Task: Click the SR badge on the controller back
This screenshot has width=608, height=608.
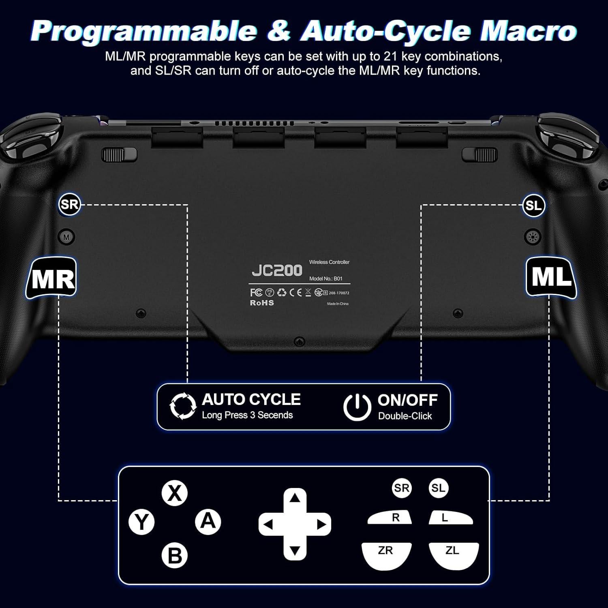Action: click(x=69, y=204)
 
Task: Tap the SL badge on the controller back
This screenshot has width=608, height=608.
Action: click(x=533, y=206)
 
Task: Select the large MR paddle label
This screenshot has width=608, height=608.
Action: click(x=52, y=278)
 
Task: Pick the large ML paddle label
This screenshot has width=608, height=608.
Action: click(x=551, y=278)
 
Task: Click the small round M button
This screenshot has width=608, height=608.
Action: click(x=66, y=237)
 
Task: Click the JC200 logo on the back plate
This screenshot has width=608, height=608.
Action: click(x=277, y=270)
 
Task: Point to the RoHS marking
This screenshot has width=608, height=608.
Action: click(x=262, y=303)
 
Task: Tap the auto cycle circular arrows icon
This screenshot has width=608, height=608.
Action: click(x=183, y=406)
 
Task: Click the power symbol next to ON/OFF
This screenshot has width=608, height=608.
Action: click(x=357, y=407)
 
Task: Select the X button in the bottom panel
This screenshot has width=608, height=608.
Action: click(x=175, y=493)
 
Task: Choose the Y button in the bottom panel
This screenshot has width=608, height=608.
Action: click(x=141, y=522)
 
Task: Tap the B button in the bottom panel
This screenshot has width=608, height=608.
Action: click(x=175, y=555)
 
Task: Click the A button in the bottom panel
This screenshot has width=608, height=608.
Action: click(x=208, y=521)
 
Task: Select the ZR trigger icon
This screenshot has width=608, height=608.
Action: click(x=386, y=554)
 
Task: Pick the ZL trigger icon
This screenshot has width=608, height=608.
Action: click(x=454, y=554)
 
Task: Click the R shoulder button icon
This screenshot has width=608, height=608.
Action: click(x=390, y=518)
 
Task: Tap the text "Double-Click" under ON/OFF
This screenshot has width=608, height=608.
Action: click(x=405, y=416)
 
